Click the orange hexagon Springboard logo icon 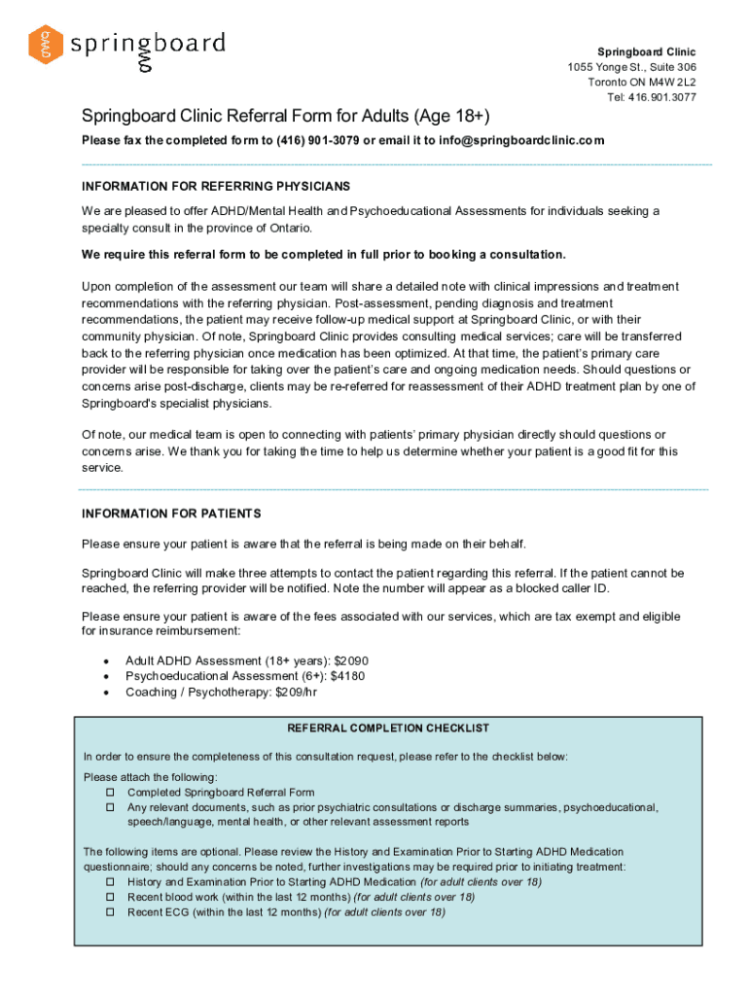pos(45,45)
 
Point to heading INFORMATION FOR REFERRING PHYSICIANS pos(216,186)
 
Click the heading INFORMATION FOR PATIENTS pos(171,513)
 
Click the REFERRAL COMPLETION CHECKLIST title pos(388,728)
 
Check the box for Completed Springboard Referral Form pos(110,793)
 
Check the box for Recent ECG pos(110,912)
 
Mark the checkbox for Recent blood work pos(110,897)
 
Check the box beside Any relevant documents pos(110,807)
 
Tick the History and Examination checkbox pos(110,882)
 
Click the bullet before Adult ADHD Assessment pos(104,660)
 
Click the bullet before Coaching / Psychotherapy pos(104,692)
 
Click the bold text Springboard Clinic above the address pos(646,52)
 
